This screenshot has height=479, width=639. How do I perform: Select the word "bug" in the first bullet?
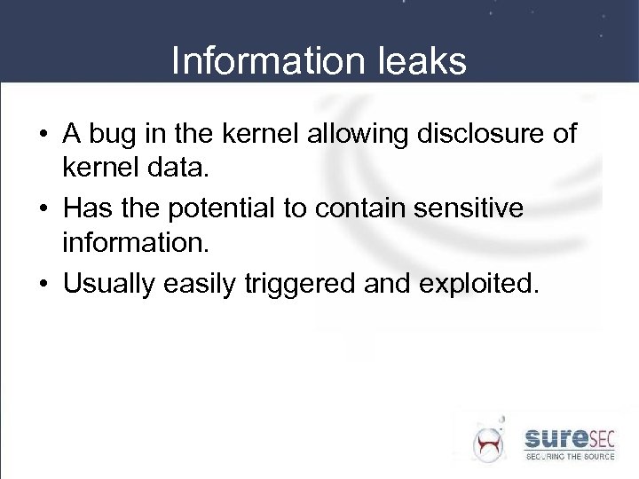click(111, 135)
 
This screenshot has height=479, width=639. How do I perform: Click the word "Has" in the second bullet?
click(86, 209)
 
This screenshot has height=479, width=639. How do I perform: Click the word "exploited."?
click(479, 284)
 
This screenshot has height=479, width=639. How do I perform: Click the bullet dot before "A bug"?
click(43, 136)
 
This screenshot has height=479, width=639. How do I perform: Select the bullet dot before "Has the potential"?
click(43, 210)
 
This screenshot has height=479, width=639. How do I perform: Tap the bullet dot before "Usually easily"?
click(43, 285)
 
